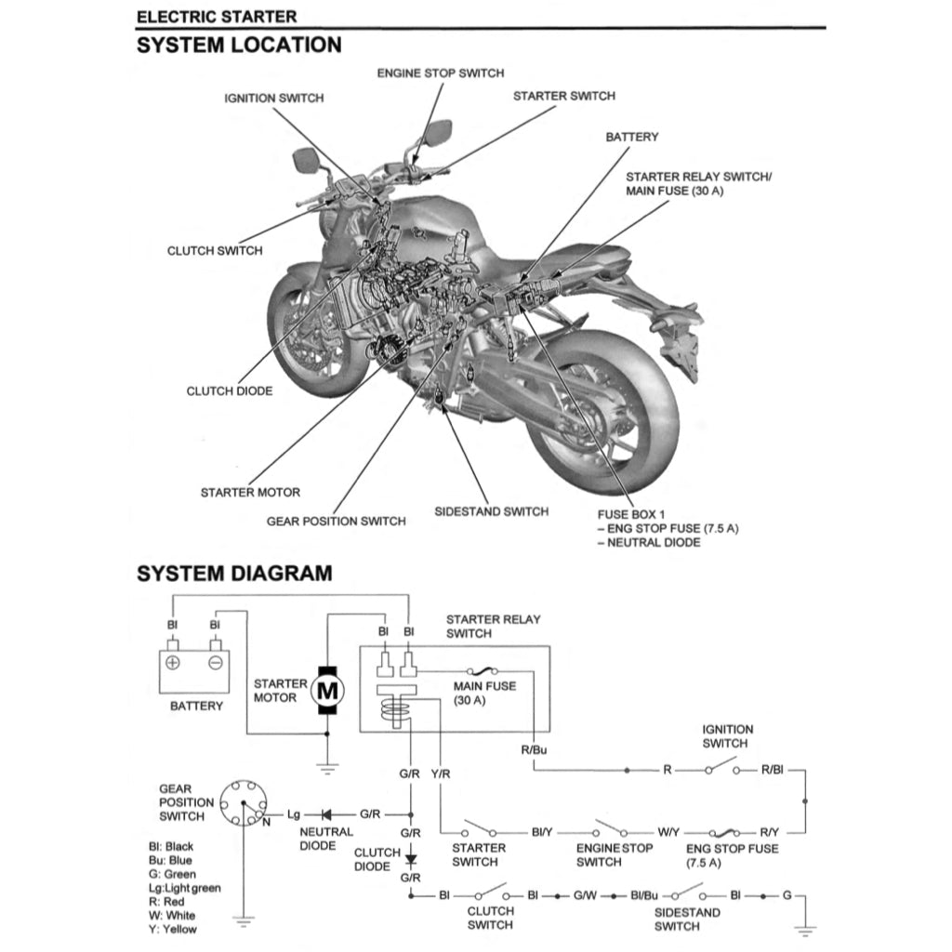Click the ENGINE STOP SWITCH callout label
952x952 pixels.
pyautogui.click(x=440, y=73)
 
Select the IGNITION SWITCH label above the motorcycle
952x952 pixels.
pyautogui.click(x=274, y=98)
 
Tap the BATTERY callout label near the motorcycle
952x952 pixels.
pyautogui.click(x=631, y=137)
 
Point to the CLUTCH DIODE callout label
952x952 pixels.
pyautogui.click(x=230, y=391)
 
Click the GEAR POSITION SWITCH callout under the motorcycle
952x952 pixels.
pyautogui.click(x=336, y=522)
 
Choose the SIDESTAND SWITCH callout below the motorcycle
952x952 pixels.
pyautogui.click(x=491, y=511)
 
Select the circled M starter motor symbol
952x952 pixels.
pyautogui.click(x=326, y=691)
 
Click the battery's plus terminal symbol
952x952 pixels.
pyautogui.click(x=173, y=663)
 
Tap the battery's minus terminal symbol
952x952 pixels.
pyautogui.click(x=215, y=663)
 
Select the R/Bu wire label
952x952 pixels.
pyautogui.click(x=535, y=748)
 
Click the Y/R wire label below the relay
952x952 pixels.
pyautogui.click(x=441, y=773)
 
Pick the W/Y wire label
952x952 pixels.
pyautogui.click(x=668, y=832)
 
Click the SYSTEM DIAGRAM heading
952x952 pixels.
pyautogui.click(x=233, y=574)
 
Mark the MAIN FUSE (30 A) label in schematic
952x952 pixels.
pyautogui.click(x=484, y=694)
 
